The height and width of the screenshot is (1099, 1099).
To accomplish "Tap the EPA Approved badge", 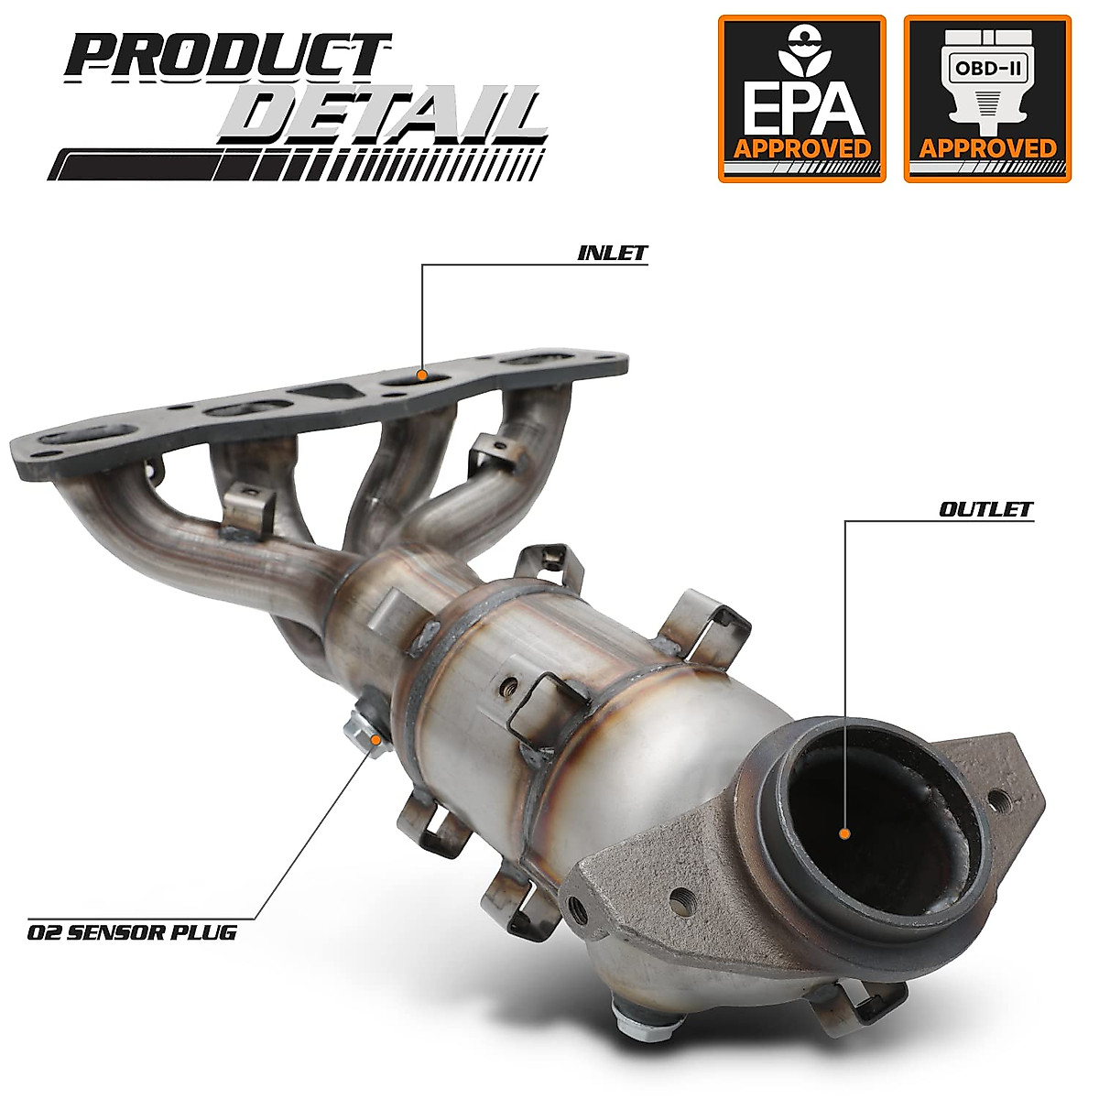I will pyautogui.click(x=801, y=98).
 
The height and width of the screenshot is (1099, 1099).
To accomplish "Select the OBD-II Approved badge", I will pyautogui.click(x=987, y=98).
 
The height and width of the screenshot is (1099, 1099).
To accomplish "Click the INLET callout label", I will pyautogui.click(x=612, y=253).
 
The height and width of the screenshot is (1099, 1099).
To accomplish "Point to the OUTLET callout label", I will pyautogui.click(x=985, y=509).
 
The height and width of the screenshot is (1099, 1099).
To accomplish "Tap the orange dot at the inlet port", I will pyautogui.click(x=421, y=375).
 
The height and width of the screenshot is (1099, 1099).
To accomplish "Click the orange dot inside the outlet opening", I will pyautogui.click(x=844, y=834).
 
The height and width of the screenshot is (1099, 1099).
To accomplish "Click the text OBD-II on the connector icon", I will pyautogui.click(x=987, y=68).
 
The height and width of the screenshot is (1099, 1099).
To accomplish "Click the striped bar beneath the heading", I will pyautogui.click(x=293, y=165).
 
